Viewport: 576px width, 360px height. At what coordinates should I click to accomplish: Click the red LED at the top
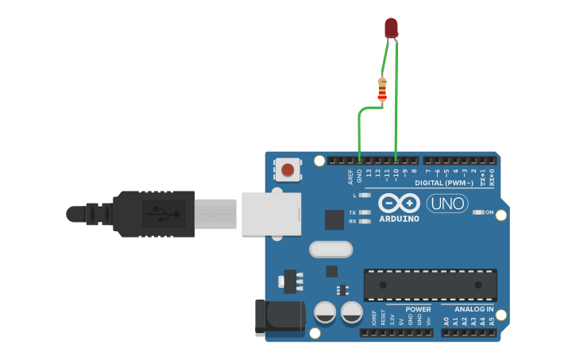391,28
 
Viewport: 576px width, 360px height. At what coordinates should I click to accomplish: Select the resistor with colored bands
382,91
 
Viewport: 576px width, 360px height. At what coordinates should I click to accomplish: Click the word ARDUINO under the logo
399,219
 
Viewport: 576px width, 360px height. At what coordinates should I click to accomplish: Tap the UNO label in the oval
447,203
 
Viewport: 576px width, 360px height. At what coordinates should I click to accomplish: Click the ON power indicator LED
477,212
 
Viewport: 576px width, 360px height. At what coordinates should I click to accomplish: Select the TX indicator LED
365,212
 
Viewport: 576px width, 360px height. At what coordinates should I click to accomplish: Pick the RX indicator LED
365,221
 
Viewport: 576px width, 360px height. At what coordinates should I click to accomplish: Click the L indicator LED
365,195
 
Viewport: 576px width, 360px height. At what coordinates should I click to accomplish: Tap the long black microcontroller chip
430,285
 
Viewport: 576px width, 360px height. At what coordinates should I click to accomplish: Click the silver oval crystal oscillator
331,250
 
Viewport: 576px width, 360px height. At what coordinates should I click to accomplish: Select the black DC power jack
279,317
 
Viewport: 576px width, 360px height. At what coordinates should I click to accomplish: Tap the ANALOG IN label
474,309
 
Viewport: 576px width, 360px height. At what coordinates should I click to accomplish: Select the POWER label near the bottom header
418,309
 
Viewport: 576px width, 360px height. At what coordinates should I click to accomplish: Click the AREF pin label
350,176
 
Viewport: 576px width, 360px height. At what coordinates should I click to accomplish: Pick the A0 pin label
446,321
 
